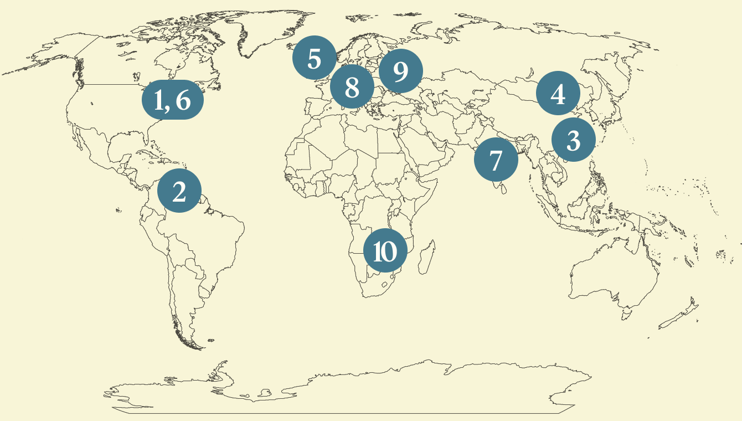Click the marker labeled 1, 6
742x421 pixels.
[173, 101]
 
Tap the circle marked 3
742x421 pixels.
[573, 140]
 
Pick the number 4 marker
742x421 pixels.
[558, 94]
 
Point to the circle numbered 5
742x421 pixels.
[314, 58]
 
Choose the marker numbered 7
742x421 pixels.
[496, 161]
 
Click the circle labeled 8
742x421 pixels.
[352, 86]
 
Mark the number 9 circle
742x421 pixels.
[401, 71]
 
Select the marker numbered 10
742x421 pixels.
[385, 251]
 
